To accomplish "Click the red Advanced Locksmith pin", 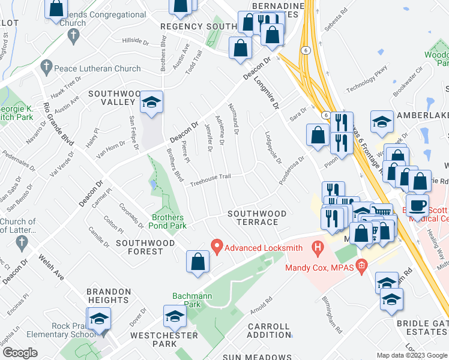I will tap(218, 246).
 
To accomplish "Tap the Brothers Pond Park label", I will tap(169, 222).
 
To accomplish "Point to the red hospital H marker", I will tap(318, 247).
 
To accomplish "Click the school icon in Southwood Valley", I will tap(152, 103).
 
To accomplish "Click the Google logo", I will tap(20, 352).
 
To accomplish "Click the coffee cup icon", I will tap(418, 204).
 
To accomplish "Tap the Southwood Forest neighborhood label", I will tap(139, 247).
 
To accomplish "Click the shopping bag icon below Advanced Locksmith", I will tap(197, 262).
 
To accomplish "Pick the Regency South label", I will tap(199, 27).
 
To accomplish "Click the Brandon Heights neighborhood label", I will tap(109, 296).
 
